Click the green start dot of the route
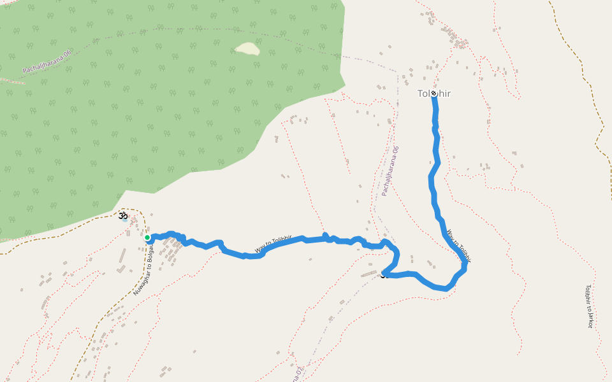147,237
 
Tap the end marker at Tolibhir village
433,93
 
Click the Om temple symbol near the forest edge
123,216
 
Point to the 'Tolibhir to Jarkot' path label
589,306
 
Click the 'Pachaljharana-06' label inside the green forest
47,61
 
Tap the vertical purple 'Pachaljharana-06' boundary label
390,170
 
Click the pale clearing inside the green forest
247,48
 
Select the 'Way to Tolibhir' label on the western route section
273,245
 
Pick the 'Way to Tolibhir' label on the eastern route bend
459,246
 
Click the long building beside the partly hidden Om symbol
369,274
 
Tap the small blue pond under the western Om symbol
125,221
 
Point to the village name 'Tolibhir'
434,94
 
